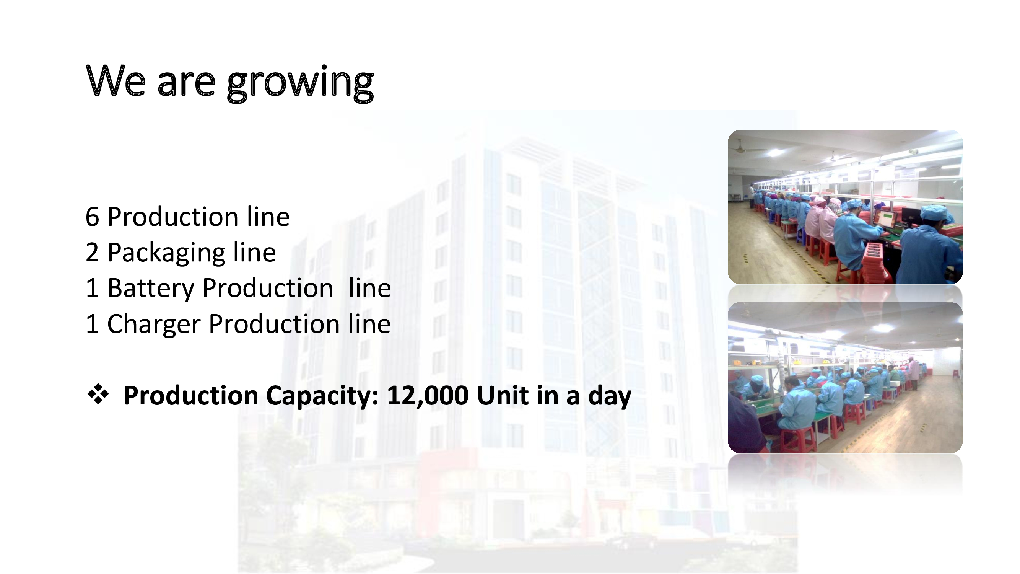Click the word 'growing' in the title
(x=300, y=83)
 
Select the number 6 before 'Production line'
(x=92, y=217)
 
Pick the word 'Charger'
(x=154, y=325)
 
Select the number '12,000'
(x=428, y=396)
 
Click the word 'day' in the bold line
(x=610, y=397)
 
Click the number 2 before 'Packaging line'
(x=92, y=252)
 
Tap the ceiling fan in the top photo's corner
(x=746, y=148)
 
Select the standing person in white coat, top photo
(x=751, y=195)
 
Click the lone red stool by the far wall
(x=955, y=373)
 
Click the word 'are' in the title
(x=187, y=84)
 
